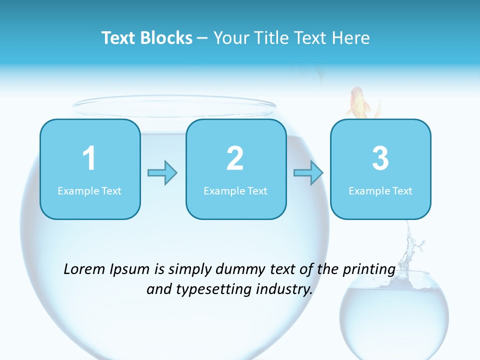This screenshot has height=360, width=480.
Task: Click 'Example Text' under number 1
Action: pos(89,191)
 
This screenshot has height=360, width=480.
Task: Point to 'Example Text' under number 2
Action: pos(235,191)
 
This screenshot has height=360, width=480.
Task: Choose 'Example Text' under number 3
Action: pos(380,191)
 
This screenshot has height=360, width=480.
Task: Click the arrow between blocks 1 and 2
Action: pos(162,173)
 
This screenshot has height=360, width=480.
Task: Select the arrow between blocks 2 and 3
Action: pos(308,173)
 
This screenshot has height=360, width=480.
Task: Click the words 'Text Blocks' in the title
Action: pos(146,38)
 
